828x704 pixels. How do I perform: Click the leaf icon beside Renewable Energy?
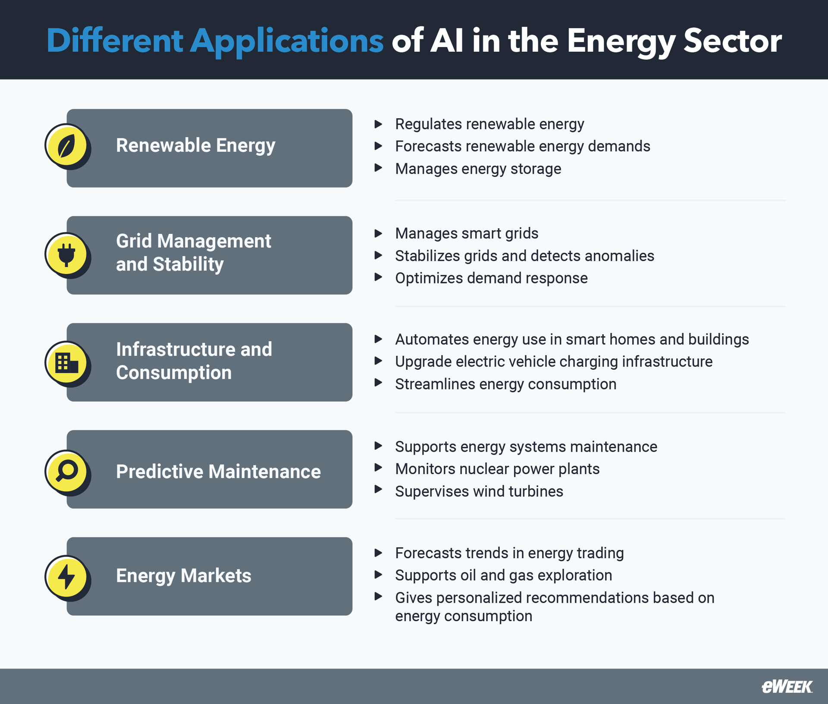pyautogui.click(x=66, y=146)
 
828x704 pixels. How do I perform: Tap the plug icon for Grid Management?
pyautogui.click(x=66, y=255)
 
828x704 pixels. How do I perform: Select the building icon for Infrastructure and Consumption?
pyautogui.click(x=66, y=363)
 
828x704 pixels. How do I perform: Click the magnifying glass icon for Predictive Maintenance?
pyautogui.click(x=66, y=471)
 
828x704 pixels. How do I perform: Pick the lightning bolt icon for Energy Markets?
pyautogui.click(x=66, y=577)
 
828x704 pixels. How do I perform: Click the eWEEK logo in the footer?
pyautogui.click(x=787, y=687)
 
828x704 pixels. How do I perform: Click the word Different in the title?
pyautogui.click(x=115, y=41)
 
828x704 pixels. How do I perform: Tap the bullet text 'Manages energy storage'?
pyautogui.click(x=478, y=169)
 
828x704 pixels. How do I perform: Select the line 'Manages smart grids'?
pyautogui.click(x=467, y=233)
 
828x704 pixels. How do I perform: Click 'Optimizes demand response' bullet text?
pyautogui.click(x=491, y=278)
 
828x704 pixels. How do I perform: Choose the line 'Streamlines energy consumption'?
pyautogui.click(x=505, y=384)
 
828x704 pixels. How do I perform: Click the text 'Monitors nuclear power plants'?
pyautogui.click(x=497, y=469)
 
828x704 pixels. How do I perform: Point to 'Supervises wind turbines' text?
pyautogui.click(x=479, y=491)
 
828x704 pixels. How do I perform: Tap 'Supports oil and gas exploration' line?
pyautogui.click(x=503, y=575)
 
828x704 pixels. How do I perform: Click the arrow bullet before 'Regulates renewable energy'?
pyautogui.click(x=378, y=124)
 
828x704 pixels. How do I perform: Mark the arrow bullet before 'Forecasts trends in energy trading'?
pyautogui.click(x=378, y=553)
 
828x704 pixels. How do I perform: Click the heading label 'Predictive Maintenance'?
pyautogui.click(x=218, y=471)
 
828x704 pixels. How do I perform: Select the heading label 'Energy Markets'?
pyautogui.click(x=183, y=576)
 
